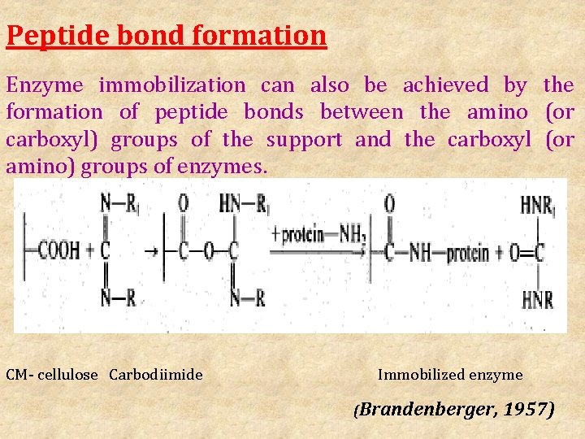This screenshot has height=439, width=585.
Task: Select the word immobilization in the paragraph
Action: coord(172,85)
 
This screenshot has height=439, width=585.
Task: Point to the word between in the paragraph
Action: coord(361,111)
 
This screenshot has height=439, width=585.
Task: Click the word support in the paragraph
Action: coord(305,139)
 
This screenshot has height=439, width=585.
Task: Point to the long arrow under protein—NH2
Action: coord(317,252)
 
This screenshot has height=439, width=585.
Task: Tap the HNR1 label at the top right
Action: coord(538,205)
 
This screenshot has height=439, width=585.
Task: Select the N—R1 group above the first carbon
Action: coord(118,203)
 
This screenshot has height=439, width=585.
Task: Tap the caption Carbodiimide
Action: coord(156,375)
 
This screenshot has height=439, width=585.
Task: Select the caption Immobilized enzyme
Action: coord(450,375)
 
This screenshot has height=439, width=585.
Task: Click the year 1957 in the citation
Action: coord(528,408)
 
